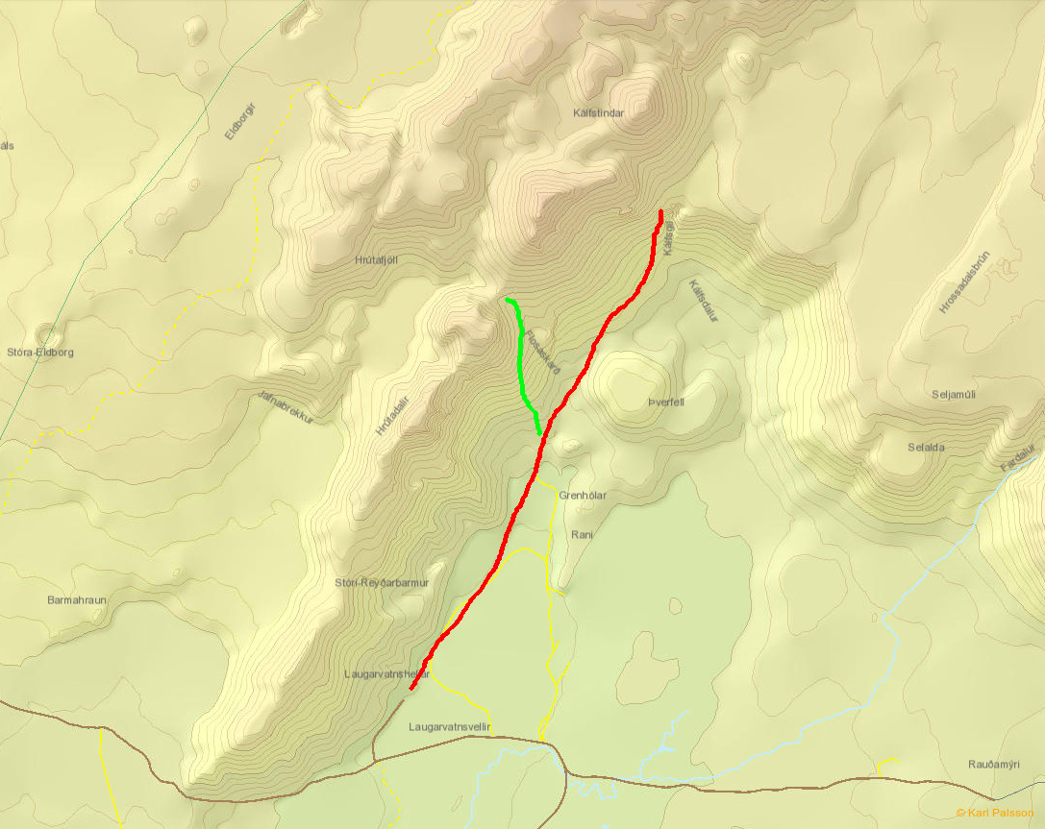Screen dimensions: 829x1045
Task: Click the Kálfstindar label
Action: click(x=598, y=112)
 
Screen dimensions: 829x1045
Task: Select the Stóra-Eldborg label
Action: click(x=39, y=353)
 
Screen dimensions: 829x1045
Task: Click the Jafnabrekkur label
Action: click(x=286, y=407)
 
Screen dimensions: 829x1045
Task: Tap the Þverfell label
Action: click(x=665, y=402)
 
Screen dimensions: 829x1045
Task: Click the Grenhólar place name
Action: click(x=583, y=496)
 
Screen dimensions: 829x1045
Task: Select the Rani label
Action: click(x=582, y=534)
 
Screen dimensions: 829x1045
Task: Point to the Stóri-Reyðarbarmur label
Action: click(x=381, y=583)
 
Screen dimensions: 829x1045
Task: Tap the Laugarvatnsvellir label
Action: click(x=450, y=727)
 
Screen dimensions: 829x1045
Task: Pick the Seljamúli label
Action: click(x=954, y=395)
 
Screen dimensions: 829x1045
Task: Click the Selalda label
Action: click(x=926, y=448)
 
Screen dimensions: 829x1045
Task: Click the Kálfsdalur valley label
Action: click(x=704, y=301)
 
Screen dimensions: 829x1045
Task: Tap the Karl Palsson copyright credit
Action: click(x=995, y=813)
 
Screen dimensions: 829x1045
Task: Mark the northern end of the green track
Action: click(x=507, y=300)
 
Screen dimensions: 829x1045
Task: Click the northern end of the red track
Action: click(x=661, y=210)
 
